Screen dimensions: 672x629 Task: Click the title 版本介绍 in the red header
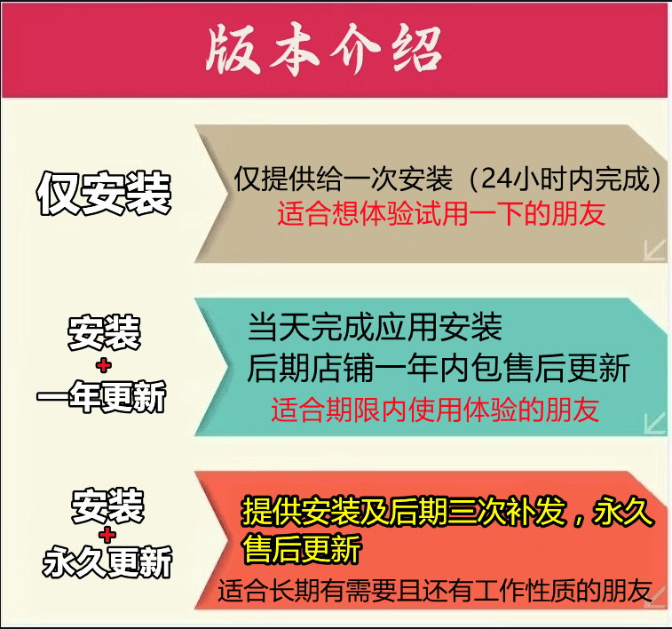tap(323, 50)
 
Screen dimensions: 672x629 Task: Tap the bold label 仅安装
tap(104, 193)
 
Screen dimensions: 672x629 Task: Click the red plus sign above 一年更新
tap(104, 365)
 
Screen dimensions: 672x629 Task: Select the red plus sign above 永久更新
tap(107, 535)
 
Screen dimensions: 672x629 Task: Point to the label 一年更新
tap(101, 396)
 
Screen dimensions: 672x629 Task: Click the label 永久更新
tap(107, 561)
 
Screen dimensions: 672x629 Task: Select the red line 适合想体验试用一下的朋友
tap(441, 213)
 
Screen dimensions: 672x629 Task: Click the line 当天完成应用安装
tap(375, 327)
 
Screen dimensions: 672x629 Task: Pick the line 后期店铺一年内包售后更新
tap(438, 368)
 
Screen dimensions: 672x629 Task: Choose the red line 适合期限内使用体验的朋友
tap(435, 410)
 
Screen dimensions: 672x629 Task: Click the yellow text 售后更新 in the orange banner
tap(302, 548)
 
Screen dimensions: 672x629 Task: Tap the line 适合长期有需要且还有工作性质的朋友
tap(435, 592)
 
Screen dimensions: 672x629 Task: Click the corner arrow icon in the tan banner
tap(655, 250)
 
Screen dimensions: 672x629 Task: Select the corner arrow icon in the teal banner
tap(655, 424)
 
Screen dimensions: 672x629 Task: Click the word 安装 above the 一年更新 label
tap(104, 333)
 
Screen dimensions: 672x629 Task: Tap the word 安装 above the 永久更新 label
tap(107, 506)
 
